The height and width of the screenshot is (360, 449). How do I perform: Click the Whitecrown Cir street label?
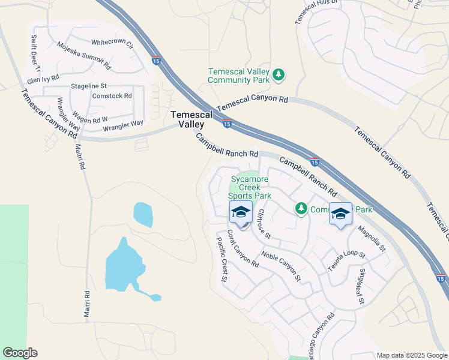point(111,43)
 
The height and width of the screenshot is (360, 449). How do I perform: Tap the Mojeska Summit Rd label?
point(84,55)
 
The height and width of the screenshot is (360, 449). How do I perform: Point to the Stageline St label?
point(88,86)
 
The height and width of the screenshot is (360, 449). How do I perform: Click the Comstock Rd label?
point(112,96)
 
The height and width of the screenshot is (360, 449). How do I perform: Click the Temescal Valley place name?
point(187,119)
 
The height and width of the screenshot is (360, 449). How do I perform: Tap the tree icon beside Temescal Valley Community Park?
point(278,75)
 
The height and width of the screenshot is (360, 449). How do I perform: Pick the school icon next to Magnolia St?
point(340,214)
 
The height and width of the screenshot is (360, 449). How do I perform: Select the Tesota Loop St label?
point(346,262)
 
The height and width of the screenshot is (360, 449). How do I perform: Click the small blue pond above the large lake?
point(143,214)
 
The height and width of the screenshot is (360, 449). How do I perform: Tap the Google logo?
point(20,353)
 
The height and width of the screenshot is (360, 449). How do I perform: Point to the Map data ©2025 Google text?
point(412,355)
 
